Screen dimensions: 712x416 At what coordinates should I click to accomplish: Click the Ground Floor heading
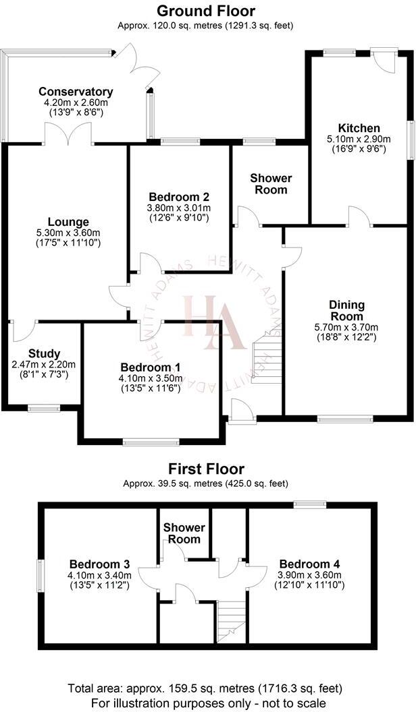pyautogui.click(x=206, y=11)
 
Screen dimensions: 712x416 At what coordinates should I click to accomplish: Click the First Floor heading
pyautogui.click(x=206, y=469)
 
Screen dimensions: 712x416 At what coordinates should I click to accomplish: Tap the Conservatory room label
pyautogui.click(x=76, y=92)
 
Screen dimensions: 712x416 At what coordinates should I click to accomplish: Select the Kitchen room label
pyautogui.click(x=359, y=128)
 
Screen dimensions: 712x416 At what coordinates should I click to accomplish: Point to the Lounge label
pyautogui.click(x=68, y=222)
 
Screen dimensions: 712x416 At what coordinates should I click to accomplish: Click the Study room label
pyautogui.click(x=45, y=353)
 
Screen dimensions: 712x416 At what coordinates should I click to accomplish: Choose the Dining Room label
pyautogui.click(x=346, y=311)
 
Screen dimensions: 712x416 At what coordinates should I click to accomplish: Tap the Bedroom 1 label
pyautogui.click(x=151, y=367)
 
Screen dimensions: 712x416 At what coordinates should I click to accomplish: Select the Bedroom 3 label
pyautogui.click(x=100, y=564)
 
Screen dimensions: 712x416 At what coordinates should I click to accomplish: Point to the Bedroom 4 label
pyautogui.click(x=309, y=564)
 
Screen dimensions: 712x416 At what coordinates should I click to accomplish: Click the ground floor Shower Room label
pyautogui.click(x=271, y=183)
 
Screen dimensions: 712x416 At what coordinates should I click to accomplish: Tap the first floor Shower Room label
pyautogui.click(x=182, y=533)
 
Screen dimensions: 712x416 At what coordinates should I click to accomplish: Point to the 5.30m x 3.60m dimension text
pyautogui.click(x=68, y=233)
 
